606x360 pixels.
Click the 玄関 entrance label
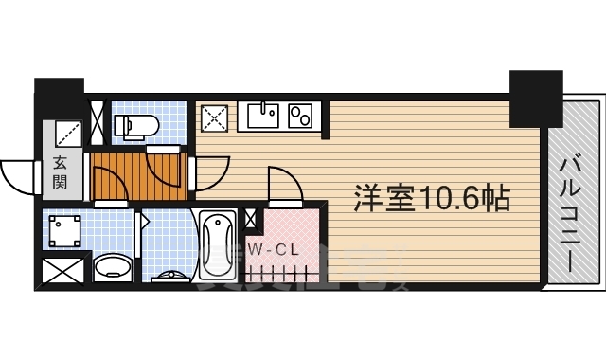point(60,171)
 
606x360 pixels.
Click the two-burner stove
point(301,117)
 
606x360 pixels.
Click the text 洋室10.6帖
point(432,198)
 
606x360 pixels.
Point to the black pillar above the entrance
point(60,99)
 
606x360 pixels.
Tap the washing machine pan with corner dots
point(64,230)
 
